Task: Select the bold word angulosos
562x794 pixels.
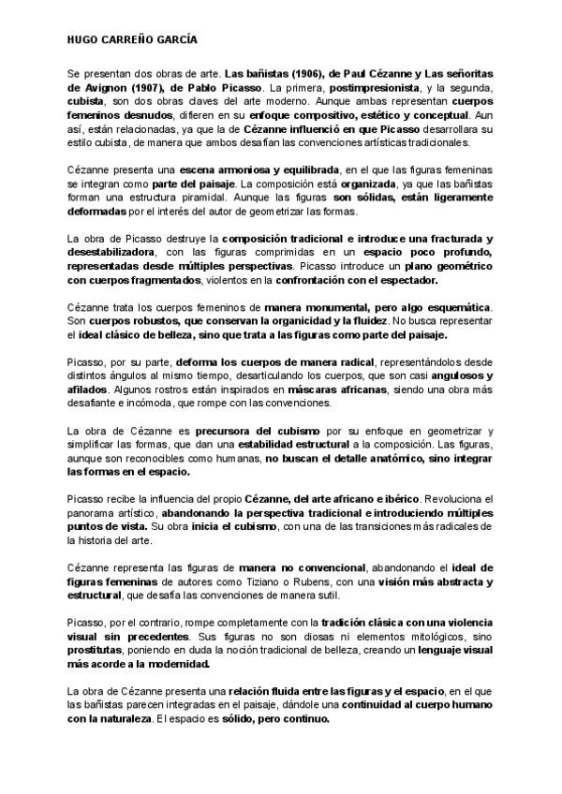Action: (457, 375)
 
